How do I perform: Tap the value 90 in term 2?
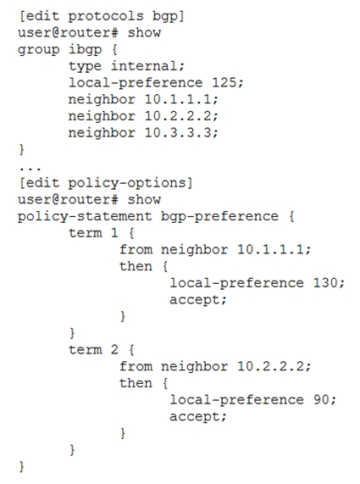coord(321,399)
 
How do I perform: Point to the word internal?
coord(143,66)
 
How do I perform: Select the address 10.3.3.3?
coord(178,132)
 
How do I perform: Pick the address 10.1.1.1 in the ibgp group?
coord(178,99)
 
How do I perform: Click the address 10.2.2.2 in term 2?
coord(270,366)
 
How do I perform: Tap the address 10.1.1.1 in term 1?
coord(270,249)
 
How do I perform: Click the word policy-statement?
coord(85,217)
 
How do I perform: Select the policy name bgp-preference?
coord(219,217)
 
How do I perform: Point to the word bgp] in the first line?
coord(169,17)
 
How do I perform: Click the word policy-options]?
coord(130,183)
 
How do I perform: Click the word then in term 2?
coord(136,383)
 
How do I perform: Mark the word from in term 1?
coord(136,249)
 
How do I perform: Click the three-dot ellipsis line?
coord(30,169)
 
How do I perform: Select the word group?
coord(39,50)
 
